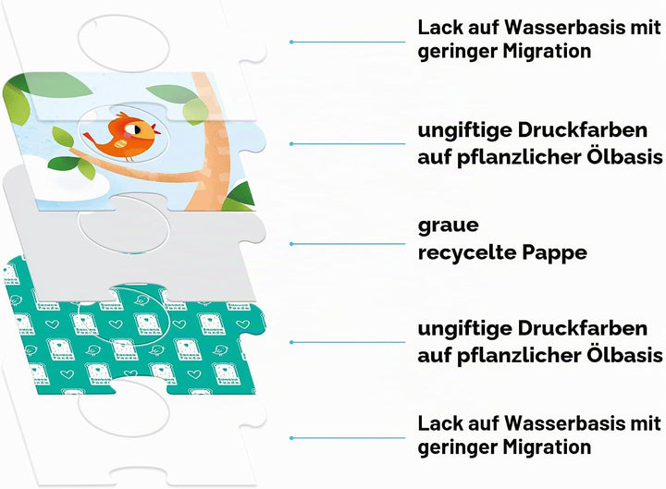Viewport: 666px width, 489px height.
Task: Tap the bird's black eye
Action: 138,128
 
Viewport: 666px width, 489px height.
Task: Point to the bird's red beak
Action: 156,128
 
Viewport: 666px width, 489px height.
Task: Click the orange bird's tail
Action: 91,138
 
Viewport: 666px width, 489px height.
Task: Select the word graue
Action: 448,225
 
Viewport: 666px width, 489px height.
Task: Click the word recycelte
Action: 466,252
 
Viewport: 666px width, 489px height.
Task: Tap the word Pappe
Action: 555,253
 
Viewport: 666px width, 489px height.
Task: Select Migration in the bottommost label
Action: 547,447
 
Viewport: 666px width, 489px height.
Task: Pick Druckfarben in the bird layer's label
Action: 583,130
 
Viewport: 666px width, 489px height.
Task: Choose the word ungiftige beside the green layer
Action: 463,330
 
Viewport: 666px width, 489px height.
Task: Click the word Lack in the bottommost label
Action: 441,423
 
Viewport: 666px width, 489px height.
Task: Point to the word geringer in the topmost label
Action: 457,52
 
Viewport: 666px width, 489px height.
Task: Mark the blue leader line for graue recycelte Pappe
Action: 348,244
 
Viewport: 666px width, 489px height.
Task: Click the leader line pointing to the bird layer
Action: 348,144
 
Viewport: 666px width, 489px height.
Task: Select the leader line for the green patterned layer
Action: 348,342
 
